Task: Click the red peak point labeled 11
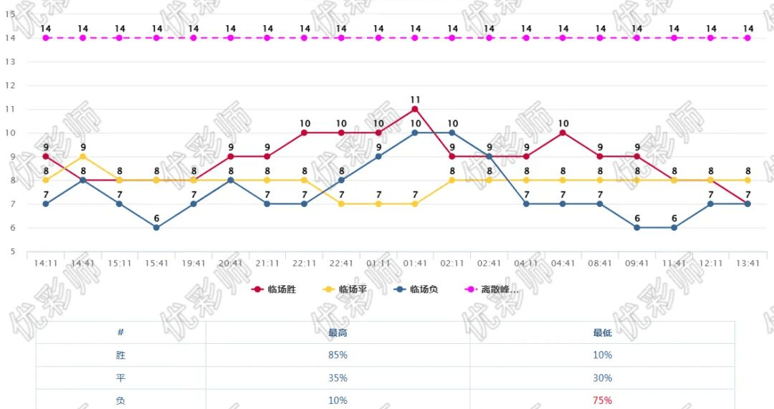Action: (x=415, y=109)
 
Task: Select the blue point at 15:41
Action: (x=156, y=228)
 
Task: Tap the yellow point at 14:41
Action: (x=83, y=156)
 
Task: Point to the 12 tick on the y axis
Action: (x=11, y=85)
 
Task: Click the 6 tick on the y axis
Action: (x=11, y=228)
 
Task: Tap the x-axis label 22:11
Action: (x=305, y=264)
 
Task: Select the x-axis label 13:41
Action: (x=747, y=264)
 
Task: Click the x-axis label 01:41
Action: (x=415, y=264)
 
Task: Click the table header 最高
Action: (x=338, y=332)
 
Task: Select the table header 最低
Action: (x=602, y=332)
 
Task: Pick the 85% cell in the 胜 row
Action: (x=338, y=355)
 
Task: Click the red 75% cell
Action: (x=602, y=400)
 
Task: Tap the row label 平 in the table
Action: (x=120, y=378)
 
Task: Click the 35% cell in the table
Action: (x=338, y=378)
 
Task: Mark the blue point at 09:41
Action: (x=637, y=228)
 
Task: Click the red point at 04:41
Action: (x=563, y=133)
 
